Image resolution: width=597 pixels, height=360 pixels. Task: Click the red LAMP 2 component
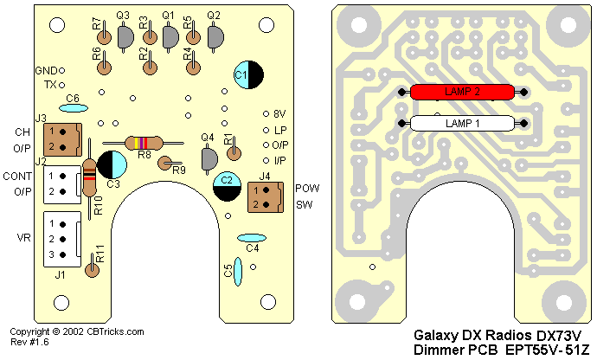click(x=462, y=91)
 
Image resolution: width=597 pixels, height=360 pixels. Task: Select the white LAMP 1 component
click(x=462, y=124)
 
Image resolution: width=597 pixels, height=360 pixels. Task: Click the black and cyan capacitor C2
click(x=227, y=186)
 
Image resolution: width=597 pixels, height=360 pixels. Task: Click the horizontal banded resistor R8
click(x=143, y=143)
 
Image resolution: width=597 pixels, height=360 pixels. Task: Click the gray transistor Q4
click(x=209, y=159)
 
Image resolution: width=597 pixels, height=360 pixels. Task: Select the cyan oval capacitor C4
click(x=251, y=238)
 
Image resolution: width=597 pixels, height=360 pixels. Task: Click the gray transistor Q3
click(x=125, y=35)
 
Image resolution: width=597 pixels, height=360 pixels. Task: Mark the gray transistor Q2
click(x=215, y=35)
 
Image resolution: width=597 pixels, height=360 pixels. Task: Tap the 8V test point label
click(x=279, y=113)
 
